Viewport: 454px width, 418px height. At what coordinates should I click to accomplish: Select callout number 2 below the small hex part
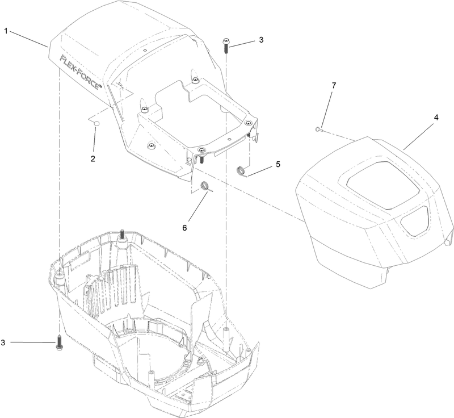[93, 158]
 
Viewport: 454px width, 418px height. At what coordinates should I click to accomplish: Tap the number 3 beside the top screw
[261, 40]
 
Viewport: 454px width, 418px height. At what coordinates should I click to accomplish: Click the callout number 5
[278, 165]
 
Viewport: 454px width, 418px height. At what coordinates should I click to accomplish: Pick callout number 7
[334, 85]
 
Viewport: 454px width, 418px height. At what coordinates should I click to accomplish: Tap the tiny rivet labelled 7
[317, 129]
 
